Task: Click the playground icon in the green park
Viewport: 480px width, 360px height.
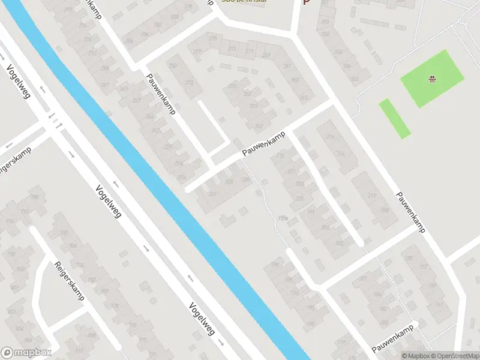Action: (431, 79)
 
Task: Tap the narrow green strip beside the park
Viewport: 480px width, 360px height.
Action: (394, 118)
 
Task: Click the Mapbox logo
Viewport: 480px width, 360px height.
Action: (26, 353)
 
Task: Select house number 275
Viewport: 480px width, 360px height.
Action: (213, 39)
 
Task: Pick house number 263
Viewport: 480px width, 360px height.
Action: (304, 97)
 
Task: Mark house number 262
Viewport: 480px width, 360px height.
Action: (259, 126)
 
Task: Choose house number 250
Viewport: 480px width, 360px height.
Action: (173, 65)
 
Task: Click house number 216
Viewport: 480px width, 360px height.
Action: (330, 137)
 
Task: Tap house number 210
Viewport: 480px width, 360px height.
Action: (372, 196)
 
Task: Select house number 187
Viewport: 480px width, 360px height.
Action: (362, 279)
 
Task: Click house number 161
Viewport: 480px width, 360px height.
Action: (440, 304)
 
